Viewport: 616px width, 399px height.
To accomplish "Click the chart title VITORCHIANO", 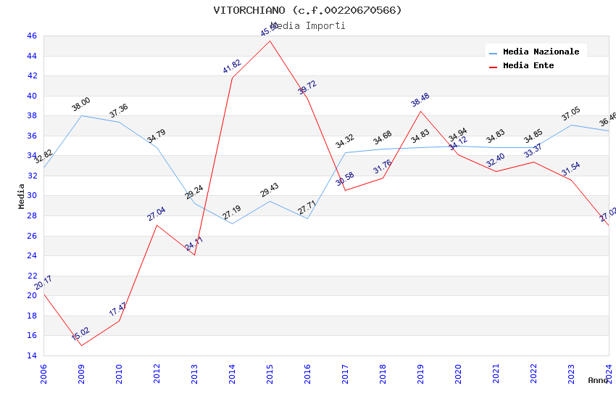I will point(307,10).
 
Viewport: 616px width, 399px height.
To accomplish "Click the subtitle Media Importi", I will point(307,25).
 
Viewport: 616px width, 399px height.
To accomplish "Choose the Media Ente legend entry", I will point(528,65).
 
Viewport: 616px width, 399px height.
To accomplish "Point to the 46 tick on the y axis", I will point(31,36).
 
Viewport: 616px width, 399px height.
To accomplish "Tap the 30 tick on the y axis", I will point(31,196).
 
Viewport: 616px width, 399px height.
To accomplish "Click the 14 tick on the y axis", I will point(31,355).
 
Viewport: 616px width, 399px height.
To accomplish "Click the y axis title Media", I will point(22,196).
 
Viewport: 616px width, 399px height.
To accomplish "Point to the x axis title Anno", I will point(598,380).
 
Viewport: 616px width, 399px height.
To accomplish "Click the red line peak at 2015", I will point(270,40).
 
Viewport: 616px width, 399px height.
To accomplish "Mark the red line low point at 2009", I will point(81,345).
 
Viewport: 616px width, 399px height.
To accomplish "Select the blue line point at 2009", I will point(81,115).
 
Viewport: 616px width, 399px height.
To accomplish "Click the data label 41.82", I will point(232,67).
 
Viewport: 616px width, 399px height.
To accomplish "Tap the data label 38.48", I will point(420,100).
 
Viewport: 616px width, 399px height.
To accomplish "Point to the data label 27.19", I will point(232,213).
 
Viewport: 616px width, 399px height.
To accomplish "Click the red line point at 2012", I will point(157,225).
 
